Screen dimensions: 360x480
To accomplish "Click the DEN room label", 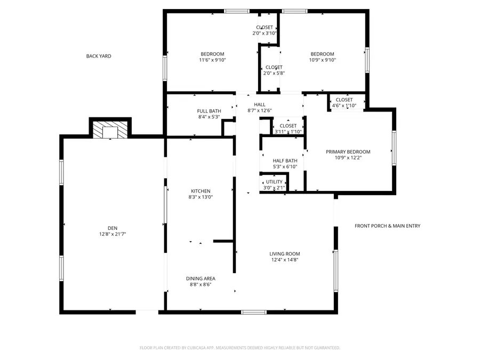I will click(112, 228).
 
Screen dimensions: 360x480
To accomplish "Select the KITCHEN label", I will click(201, 191).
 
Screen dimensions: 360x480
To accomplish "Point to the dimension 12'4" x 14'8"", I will click(284, 260).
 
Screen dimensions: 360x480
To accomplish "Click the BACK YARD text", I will click(99, 56).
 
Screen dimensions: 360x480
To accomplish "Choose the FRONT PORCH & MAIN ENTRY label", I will click(387, 226).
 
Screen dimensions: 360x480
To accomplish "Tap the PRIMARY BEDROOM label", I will click(348, 152).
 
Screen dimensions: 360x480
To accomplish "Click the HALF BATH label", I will click(285, 161).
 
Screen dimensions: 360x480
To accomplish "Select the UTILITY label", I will click(274, 182).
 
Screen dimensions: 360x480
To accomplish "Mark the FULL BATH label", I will click(209, 111).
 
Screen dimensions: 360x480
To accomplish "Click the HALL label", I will click(260, 105).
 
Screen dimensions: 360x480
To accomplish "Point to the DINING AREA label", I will click(201, 278).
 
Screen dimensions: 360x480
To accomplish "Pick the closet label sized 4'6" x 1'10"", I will click(344, 106).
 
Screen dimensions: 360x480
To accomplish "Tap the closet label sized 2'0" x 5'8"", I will click(274, 73).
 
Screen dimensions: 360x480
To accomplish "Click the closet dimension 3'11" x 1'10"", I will click(288, 132).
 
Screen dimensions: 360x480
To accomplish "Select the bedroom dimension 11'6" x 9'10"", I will click(212, 60).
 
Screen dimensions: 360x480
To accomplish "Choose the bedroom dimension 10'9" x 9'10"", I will click(322, 60).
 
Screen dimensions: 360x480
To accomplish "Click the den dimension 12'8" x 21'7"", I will click(112, 234).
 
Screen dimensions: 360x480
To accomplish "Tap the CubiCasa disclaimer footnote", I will click(239, 348).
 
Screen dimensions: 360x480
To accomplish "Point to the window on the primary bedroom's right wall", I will click(394, 148).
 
